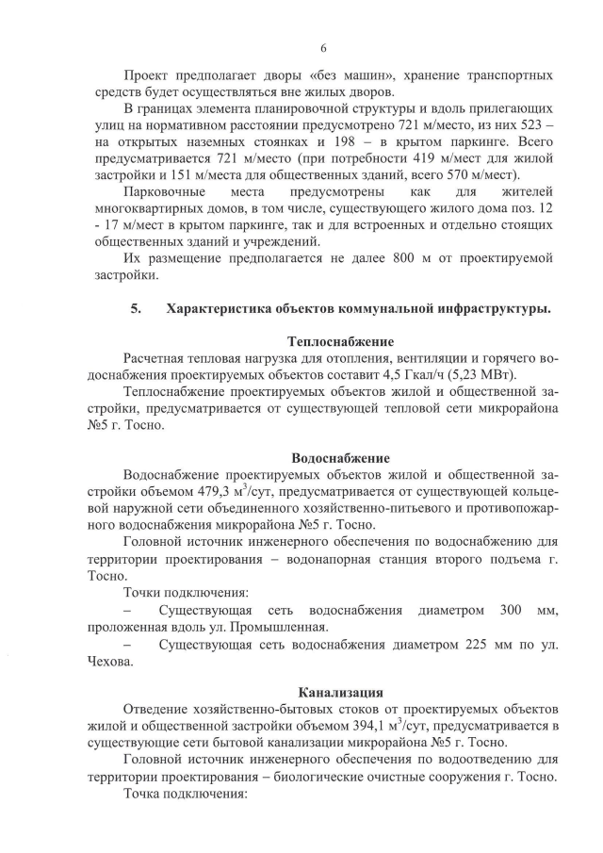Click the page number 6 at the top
tap(322, 48)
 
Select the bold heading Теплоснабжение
tap(340, 340)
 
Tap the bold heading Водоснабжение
tap(340, 458)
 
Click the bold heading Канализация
tap(340, 691)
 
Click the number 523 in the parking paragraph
tap(529, 125)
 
